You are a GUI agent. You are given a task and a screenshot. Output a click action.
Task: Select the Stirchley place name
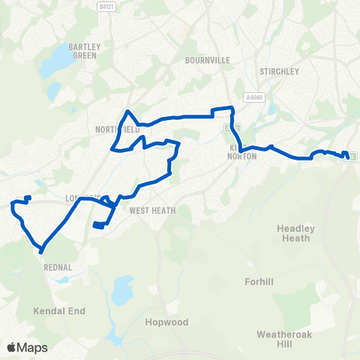pyautogui.click(x=279, y=71)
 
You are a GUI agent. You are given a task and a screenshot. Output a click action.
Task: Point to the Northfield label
pyautogui.click(x=118, y=129)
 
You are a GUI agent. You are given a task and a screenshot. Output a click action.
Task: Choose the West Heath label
pyautogui.click(x=152, y=211)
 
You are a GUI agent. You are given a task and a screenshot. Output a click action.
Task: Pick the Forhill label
pyautogui.click(x=261, y=282)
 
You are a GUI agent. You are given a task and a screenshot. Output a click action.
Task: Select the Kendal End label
pyautogui.click(x=59, y=310)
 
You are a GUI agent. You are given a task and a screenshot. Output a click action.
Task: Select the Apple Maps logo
pyautogui.click(x=26, y=347)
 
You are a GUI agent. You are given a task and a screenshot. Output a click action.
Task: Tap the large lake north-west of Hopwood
pyautogui.click(x=120, y=288)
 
